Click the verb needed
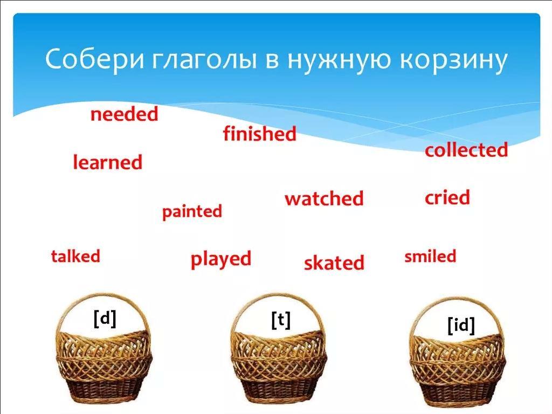click(125, 114)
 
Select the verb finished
click(259, 134)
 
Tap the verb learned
click(107, 162)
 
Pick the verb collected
click(466, 150)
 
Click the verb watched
click(324, 198)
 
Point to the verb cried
click(447, 197)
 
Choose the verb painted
click(192, 212)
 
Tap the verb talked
click(75, 256)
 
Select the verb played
click(220, 259)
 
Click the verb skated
click(334, 263)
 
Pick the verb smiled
click(430, 256)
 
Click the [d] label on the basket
click(105, 319)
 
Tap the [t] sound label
click(281, 320)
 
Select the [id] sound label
click(461, 326)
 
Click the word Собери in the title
click(94, 59)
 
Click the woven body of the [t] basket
click(279, 366)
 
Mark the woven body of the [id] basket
click(458, 370)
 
